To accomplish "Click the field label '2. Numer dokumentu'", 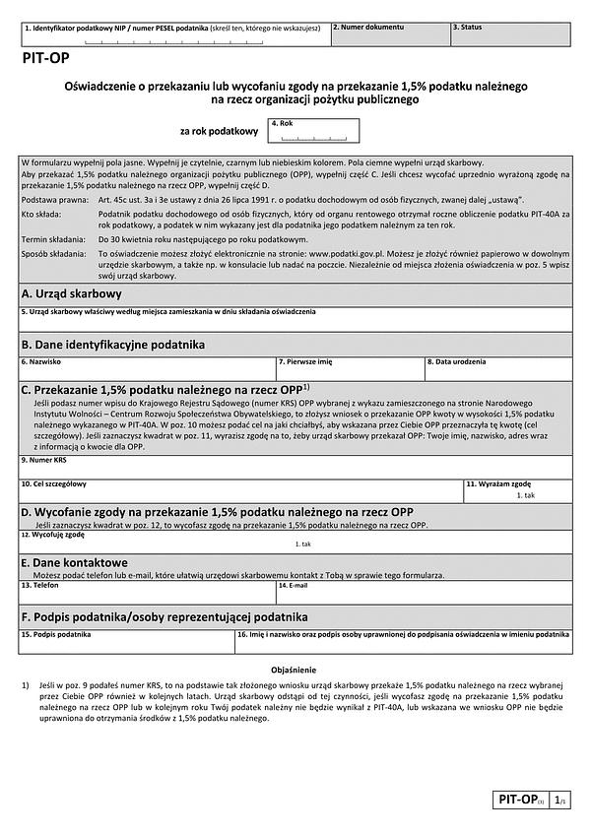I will [367, 27].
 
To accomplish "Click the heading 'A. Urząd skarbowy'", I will [72, 293].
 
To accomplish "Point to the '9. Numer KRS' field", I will [295, 466].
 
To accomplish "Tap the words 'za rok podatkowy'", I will [219, 131].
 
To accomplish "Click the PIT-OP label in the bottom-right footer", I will [514, 802].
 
